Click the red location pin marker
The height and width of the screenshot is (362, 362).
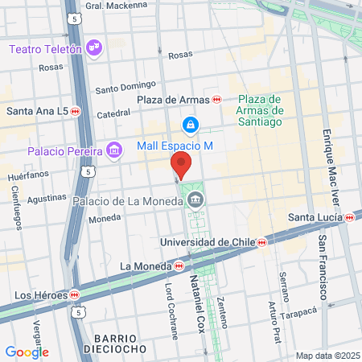coord(181,167)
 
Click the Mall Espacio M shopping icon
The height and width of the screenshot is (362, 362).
coord(190,125)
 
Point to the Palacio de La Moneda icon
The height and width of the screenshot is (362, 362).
coord(195,200)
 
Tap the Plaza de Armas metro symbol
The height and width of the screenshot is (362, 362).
coord(217,99)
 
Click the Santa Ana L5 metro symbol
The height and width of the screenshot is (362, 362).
coord(75,111)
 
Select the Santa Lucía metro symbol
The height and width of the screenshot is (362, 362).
coord(350,217)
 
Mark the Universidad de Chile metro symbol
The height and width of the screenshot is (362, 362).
coord(261,241)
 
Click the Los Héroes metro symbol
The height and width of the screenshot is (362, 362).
coord(74,294)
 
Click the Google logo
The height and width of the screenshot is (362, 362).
coord(27,352)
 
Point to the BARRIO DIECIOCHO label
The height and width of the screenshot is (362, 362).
coord(120,342)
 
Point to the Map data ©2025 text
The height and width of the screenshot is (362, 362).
coord(326,356)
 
